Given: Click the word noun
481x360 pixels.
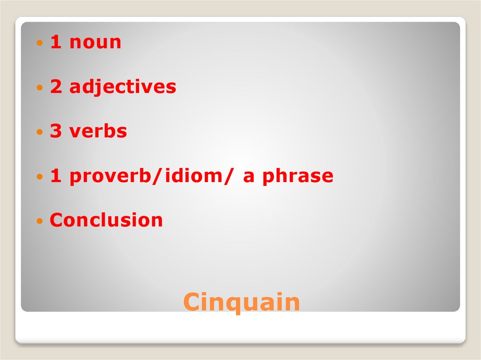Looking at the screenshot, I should pos(95,43).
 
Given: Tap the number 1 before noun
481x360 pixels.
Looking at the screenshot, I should pos(56,42).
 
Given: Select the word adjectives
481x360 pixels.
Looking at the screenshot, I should pos(123,87).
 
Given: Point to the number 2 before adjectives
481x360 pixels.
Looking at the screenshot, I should pos(56,87).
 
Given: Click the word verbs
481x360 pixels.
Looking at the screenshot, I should pos(98,131).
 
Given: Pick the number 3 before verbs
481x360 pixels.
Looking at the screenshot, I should pos(56,131).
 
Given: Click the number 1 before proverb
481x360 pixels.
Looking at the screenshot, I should pos(56,176).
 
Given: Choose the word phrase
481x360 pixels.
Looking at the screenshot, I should pos(298,176).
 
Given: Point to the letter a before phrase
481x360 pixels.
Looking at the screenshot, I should pos(249,177).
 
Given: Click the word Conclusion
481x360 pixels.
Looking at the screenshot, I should pos(106,220).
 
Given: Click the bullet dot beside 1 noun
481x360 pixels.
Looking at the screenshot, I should pos(40,43).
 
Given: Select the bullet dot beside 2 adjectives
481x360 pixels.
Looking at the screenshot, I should pos(40,88).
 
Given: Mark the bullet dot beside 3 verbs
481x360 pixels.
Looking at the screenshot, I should pos(40,132).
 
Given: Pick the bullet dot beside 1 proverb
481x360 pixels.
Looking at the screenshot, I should pos(40,177).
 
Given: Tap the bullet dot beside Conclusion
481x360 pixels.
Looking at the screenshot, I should pos(40,221).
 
